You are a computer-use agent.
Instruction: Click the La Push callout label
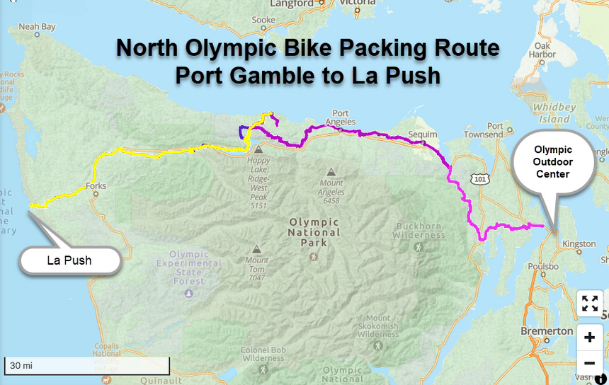point(69,260)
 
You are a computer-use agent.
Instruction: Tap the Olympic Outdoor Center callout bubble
point(553,161)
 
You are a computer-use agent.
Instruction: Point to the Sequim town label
point(425,132)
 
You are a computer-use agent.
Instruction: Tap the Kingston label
point(579,244)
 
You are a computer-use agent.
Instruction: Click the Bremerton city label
point(547,331)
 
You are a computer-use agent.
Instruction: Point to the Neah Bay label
point(37,28)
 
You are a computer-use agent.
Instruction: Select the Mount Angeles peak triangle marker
point(331,171)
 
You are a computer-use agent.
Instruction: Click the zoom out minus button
point(589,363)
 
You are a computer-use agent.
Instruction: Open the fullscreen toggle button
point(589,303)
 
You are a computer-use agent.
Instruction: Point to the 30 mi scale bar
point(86,366)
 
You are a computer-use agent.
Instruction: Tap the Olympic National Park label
point(314,232)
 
